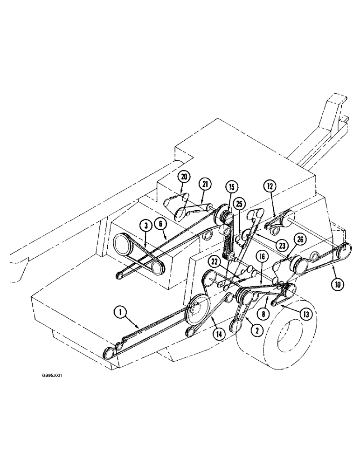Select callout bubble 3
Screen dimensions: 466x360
[146, 226]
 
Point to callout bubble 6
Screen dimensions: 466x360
[161, 224]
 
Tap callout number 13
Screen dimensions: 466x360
[305, 315]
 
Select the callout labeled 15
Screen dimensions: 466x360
[232, 187]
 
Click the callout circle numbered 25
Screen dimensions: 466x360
[239, 204]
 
